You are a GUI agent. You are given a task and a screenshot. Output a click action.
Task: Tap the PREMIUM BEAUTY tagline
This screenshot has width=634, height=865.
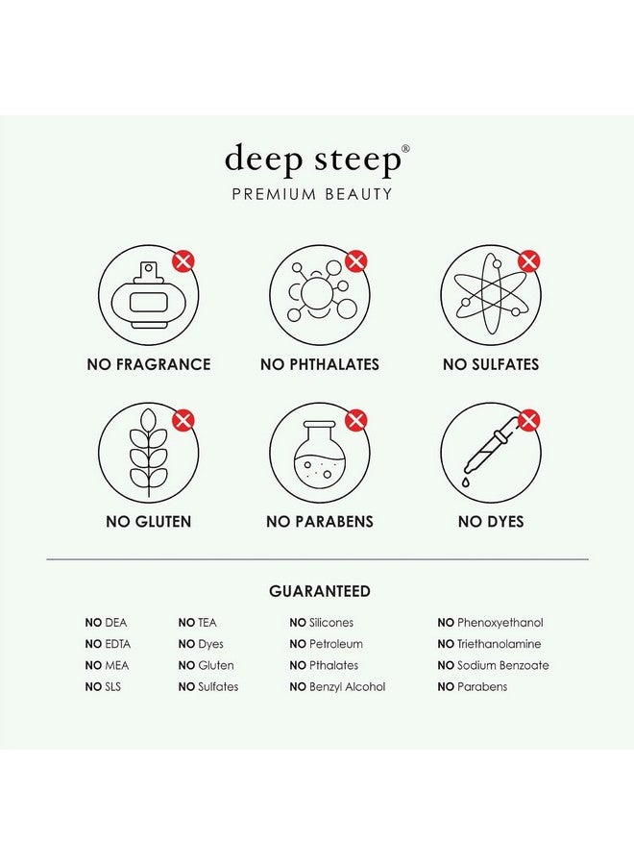(312, 194)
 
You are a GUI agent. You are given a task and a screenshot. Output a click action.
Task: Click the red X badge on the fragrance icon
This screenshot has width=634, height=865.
(183, 260)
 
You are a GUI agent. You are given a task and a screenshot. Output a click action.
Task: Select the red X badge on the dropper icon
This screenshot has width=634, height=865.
(528, 420)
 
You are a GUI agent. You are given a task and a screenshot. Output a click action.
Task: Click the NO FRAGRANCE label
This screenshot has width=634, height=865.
(149, 364)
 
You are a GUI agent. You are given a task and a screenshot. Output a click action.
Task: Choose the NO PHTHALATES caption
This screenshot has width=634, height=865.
(320, 364)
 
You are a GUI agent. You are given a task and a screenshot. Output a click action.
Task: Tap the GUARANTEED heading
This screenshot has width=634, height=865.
(319, 591)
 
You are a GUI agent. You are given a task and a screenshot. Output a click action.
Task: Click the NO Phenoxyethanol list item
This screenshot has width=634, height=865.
(490, 623)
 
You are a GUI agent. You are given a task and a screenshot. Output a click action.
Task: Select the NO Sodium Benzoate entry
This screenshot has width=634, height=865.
(493, 665)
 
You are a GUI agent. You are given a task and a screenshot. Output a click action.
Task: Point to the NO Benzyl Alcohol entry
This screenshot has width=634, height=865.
(337, 686)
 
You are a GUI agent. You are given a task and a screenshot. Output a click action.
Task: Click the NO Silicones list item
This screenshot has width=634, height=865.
(321, 623)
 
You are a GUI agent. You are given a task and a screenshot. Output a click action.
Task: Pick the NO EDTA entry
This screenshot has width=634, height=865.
(106, 644)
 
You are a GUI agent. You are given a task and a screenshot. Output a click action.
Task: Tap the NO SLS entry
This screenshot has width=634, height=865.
(103, 686)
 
